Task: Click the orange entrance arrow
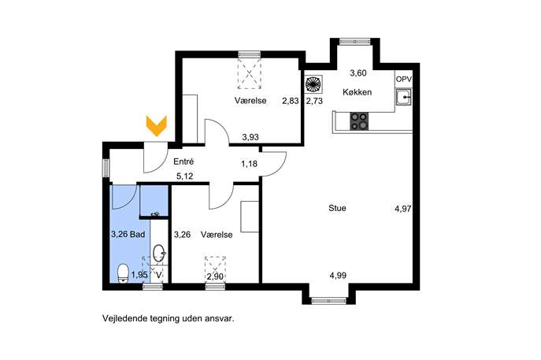pyautogui.click(x=156, y=126)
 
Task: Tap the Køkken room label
pyautogui.click(x=357, y=92)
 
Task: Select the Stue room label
pyautogui.click(x=337, y=208)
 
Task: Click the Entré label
pyautogui.click(x=183, y=161)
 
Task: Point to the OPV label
pyautogui.click(x=404, y=79)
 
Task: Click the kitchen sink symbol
pyautogui.click(x=403, y=98)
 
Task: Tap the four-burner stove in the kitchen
pyautogui.click(x=359, y=121)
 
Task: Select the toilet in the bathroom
pyautogui.click(x=123, y=273)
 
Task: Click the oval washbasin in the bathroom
pyautogui.click(x=159, y=254)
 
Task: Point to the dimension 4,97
pyautogui.click(x=403, y=209)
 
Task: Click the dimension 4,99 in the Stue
pyautogui.click(x=338, y=276)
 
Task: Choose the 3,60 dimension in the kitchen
pyautogui.click(x=358, y=72)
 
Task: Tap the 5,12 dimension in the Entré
pyautogui.click(x=184, y=176)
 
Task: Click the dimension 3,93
pyautogui.click(x=250, y=137)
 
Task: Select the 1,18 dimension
pyautogui.click(x=249, y=164)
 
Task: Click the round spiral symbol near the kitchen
pyautogui.click(x=313, y=84)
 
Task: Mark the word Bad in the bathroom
pyautogui.click(x=138, y=235)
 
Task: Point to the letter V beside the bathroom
pyautogui.click(x=159, y=275)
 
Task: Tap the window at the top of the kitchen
pyautogui.click(x=354, y=42)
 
